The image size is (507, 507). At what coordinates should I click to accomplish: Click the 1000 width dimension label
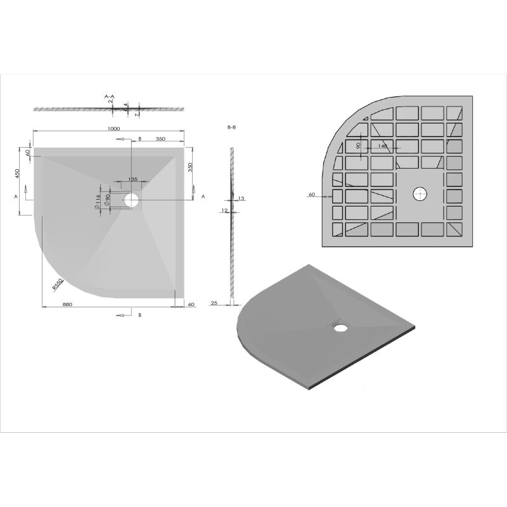[x=113, y=129]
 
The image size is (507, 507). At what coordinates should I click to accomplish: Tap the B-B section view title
[x=231, y=127]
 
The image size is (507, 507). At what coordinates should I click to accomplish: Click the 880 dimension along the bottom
[x=67, y=305]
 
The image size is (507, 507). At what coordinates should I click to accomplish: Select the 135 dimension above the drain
[x=132, y=179]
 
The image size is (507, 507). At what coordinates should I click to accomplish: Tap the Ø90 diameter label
[x=108, y=200]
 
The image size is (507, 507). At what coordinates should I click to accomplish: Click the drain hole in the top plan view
[x=131, y=201]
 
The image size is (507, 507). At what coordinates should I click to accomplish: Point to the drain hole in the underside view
[x=420, y=194]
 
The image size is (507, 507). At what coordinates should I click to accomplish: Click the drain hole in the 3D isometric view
[x=340, y=328]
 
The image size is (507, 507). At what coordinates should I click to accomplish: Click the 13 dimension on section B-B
[x=241, y=198]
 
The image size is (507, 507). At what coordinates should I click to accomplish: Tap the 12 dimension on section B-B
[x=224, y=210]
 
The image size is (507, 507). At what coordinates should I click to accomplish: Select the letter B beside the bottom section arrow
[x=139, y=314]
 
